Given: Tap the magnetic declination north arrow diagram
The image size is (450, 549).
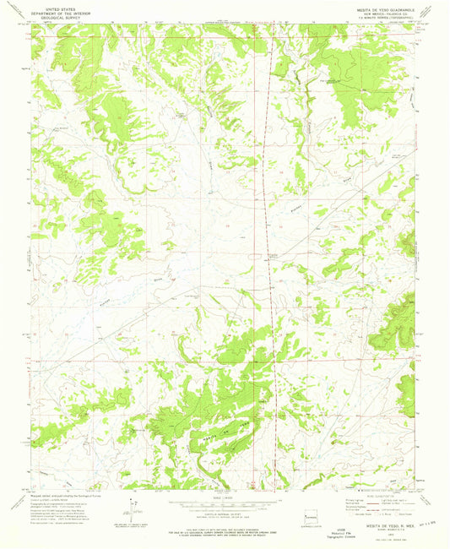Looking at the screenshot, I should (132, 512).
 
